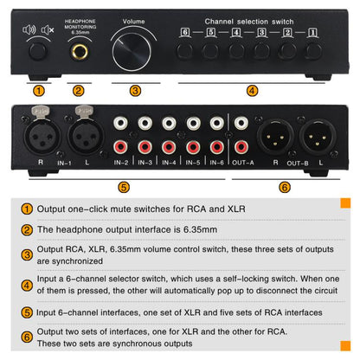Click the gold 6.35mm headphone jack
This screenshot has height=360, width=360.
click(79, 52)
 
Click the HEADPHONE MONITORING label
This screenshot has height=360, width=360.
click(79, 23)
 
